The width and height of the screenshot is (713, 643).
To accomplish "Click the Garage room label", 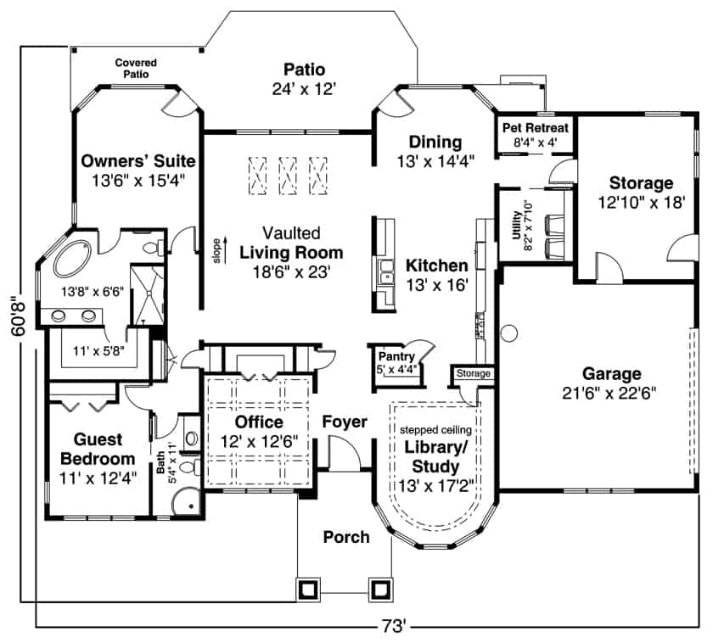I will tap(611, 373).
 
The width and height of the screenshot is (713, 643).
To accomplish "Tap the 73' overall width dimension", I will tap(392, 629).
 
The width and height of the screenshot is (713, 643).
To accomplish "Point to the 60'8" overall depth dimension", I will tap(20, 316).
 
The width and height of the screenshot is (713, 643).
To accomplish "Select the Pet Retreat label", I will tap(536, 127).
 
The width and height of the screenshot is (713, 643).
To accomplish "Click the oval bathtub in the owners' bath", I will tap(76, 260).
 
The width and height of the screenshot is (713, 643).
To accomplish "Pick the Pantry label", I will tap(396, 357).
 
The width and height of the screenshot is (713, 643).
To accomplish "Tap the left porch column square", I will tap(307, 588).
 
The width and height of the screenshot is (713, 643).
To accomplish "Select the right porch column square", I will tap(379, 588).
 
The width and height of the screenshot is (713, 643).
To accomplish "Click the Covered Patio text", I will tap(137, 69).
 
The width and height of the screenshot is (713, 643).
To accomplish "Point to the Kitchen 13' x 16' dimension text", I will tap(436, 286).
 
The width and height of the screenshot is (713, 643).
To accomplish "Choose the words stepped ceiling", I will tap(435, 429).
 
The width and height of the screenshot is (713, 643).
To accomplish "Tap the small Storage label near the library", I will tap(473, 373).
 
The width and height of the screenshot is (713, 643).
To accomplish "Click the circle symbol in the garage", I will tap(511, 332).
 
